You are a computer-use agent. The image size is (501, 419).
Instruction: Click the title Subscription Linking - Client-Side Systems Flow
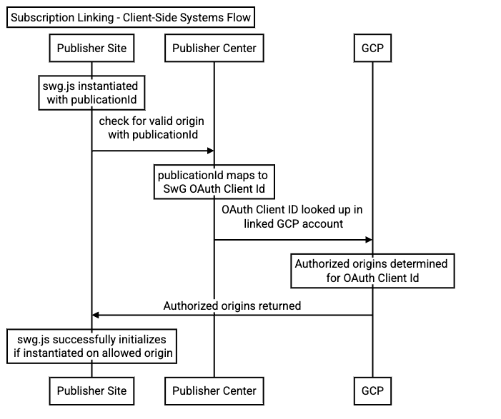(131, 18)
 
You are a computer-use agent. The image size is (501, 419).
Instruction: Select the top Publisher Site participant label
(91, 49)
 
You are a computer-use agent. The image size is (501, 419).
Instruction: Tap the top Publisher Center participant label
(214, 49)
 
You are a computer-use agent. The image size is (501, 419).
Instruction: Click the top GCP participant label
(372, 49)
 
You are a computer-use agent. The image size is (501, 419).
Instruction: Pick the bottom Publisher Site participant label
(91, 390)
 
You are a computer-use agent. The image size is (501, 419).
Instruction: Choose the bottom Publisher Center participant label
(214, 390)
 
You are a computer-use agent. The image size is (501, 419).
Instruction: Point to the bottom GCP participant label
(372, 390)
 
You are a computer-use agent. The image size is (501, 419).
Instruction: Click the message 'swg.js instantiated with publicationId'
(91, 93)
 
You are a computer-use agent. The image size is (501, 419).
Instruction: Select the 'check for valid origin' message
(152, 128)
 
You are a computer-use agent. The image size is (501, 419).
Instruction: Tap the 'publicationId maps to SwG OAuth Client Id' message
(213, 182)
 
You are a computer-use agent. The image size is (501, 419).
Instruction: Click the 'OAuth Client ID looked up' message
(293, 217)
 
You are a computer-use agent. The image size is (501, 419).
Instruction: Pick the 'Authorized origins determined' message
(372, 271)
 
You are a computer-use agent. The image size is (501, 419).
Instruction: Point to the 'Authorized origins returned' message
(232, 306)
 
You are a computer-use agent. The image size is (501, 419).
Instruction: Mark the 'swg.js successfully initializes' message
(91, 345)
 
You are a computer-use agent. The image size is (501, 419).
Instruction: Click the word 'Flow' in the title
(239, 18)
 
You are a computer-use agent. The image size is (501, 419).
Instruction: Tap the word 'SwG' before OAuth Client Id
(175, 189)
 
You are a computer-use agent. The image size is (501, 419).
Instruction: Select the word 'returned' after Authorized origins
(277, 306)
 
